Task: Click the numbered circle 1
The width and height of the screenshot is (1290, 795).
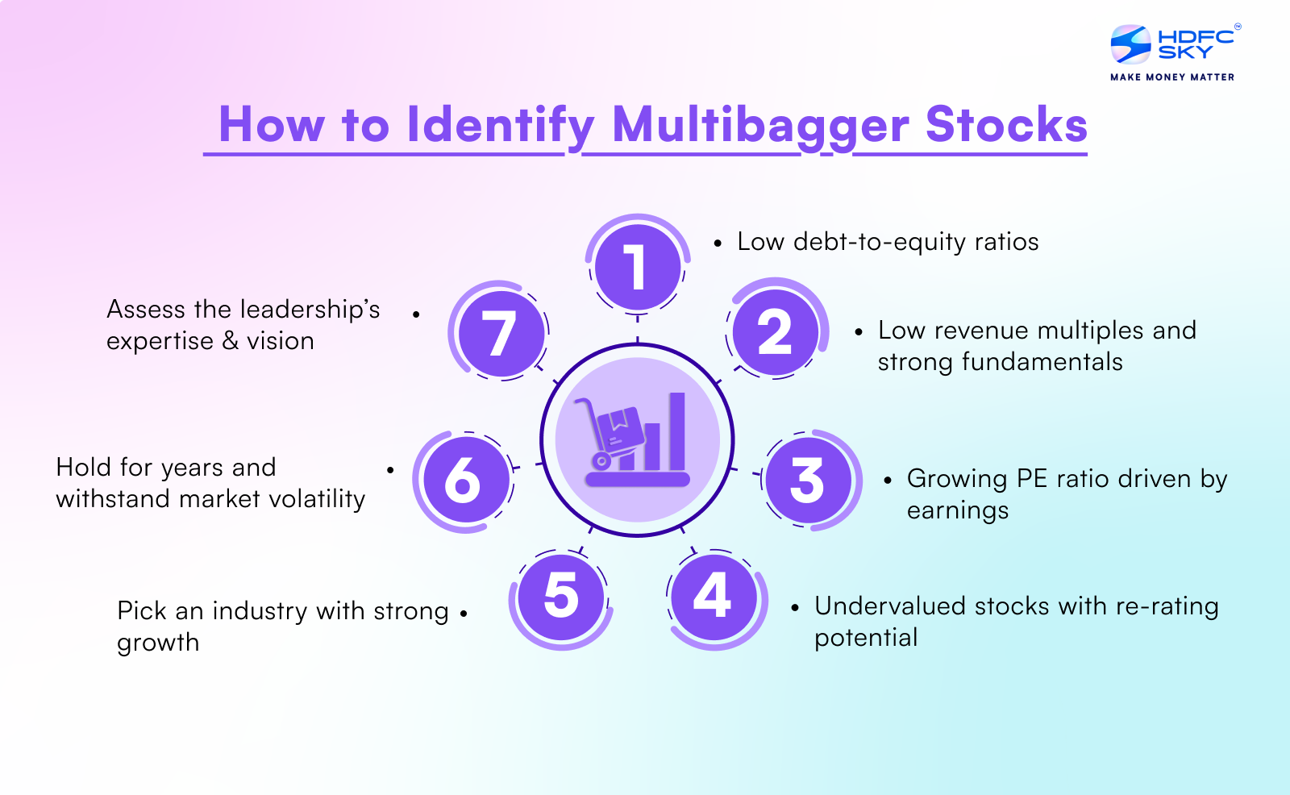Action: click(x=637, y=267)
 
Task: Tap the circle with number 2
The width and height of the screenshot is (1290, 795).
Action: click(x=775, y=331)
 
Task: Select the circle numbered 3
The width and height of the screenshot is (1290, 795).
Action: click(x=807, y=481)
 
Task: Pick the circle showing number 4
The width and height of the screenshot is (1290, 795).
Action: click(x=714, y=597)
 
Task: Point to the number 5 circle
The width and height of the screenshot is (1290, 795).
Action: click(x=561, y=597)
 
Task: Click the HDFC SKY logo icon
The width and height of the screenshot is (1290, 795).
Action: click(x=1130, y=44)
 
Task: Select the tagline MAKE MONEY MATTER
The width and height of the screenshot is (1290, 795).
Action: click(x=1171, y=77)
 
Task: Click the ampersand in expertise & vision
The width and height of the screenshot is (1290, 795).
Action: click(x=231, y=341)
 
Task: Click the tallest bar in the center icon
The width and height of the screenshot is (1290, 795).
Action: click(x=677, y=431)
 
